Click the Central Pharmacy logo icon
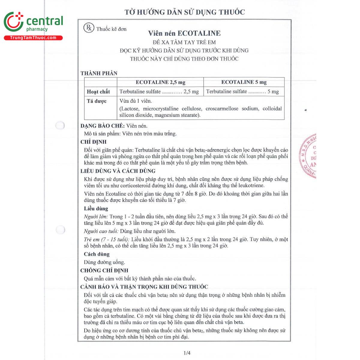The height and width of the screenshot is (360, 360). pos(13,22)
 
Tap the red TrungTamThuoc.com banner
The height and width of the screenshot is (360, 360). pos(33,38)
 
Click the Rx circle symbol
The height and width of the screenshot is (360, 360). pos(89,28)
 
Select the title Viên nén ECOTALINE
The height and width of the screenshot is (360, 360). pos(184,33)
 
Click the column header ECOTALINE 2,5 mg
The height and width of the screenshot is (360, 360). pos(160,82)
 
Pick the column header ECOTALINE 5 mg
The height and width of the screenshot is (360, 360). pos(244,82)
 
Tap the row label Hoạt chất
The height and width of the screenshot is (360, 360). pos(98,92)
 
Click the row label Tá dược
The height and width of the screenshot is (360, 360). pos(97,101)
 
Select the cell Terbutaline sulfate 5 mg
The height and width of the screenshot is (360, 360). pos(242,91)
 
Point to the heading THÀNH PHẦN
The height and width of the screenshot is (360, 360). pos(99,73)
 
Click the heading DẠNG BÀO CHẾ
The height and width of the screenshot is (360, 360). pos(102,126)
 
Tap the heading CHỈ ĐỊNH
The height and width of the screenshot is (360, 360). pos(93,142)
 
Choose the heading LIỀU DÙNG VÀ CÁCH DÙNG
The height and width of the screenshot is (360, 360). pos(118,171)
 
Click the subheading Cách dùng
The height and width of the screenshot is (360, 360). pos(97,254)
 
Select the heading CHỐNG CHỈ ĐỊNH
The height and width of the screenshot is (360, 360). pos(104,271)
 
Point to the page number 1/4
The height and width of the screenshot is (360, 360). pos(187,353)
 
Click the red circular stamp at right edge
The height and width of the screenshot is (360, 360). pos(308,156)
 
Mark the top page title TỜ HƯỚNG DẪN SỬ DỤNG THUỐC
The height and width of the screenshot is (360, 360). pos(185,12)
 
